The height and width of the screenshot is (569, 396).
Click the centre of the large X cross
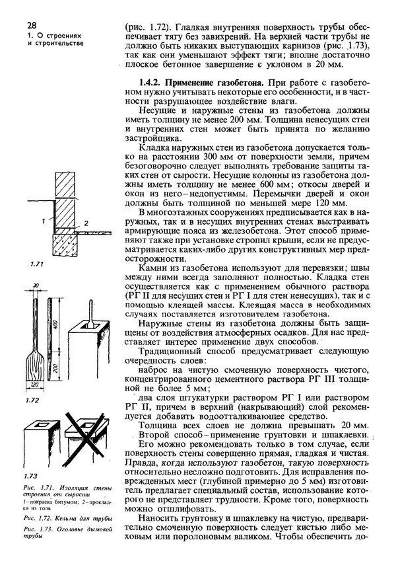[x=82, y=437]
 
